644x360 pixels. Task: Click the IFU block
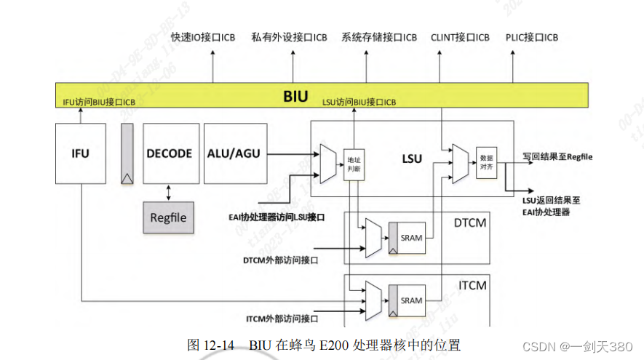[80, 153]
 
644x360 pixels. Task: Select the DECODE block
[170, 153]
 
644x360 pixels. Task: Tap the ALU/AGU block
[233, 153]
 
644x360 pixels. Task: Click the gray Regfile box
[169, 217]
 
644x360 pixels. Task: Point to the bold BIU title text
[295, 96]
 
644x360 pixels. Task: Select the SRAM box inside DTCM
[410, 238]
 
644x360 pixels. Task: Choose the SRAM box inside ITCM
[410, 300]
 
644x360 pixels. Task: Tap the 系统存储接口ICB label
[379, 37]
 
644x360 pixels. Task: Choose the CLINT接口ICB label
[460, 37]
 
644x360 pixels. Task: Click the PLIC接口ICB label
[532, 37]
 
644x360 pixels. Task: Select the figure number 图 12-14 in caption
[210, 345]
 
